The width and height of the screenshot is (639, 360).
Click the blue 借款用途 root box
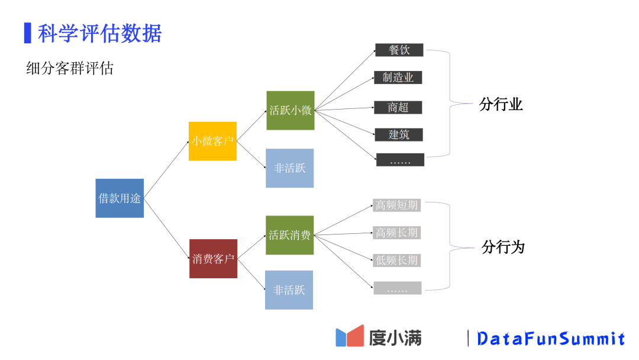tap(120, 198)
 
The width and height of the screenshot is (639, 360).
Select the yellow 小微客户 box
tap(212, 141)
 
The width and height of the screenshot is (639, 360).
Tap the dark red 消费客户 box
tap(213, 259)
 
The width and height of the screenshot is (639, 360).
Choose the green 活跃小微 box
tap(290, 110)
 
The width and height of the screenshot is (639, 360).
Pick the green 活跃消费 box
tap(289, 235)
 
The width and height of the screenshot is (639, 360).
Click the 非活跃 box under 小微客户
tap(289, 168)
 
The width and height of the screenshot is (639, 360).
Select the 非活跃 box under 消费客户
tap(289, 290)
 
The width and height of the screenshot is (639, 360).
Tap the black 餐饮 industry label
tap(399, 50)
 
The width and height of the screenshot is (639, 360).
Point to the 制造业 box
tap(398, 78)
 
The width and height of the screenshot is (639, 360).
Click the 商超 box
tap(398, 107)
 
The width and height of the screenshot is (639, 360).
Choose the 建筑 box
tap(399, 134)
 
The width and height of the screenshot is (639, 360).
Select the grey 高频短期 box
tap(396, 205)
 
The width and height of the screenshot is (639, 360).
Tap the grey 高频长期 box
tap(396, 233)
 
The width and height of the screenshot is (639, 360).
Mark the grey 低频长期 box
tap(396, 260)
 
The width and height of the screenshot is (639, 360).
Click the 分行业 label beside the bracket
tap(501, 105)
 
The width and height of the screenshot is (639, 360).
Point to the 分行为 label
tap(503, 247)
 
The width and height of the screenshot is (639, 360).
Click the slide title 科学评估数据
tap(99, 33)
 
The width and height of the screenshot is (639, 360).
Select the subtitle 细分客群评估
tap(70, 69)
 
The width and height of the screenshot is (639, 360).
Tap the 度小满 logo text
tap(395, 337)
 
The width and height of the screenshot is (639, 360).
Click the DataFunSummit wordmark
tap(550, 339)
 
